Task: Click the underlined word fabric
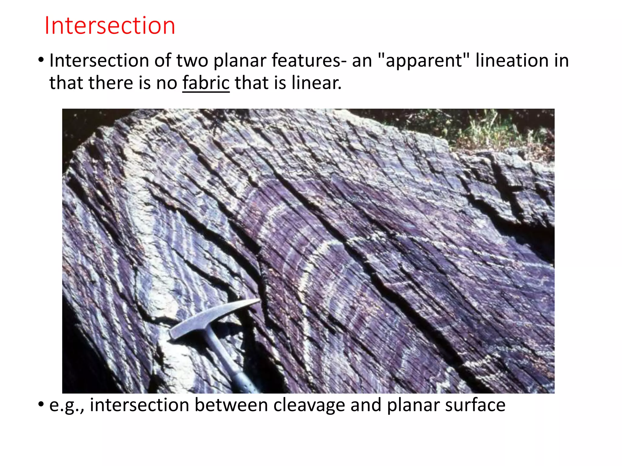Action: point(206,83)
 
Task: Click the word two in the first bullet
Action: point(192,60)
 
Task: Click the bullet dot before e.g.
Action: point(41,404)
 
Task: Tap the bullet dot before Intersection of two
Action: point(41,59)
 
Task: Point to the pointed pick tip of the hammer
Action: point(257,301)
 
